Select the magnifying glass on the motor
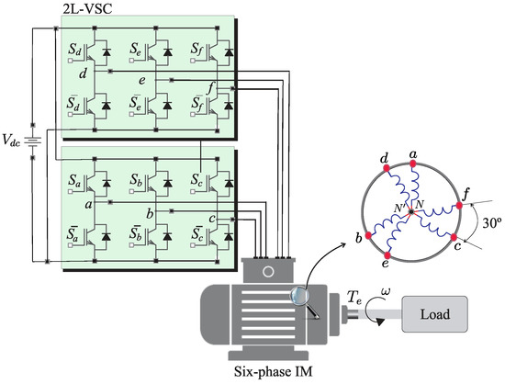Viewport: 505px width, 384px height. [302, 299]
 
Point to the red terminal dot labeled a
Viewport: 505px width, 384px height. [413, 164]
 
